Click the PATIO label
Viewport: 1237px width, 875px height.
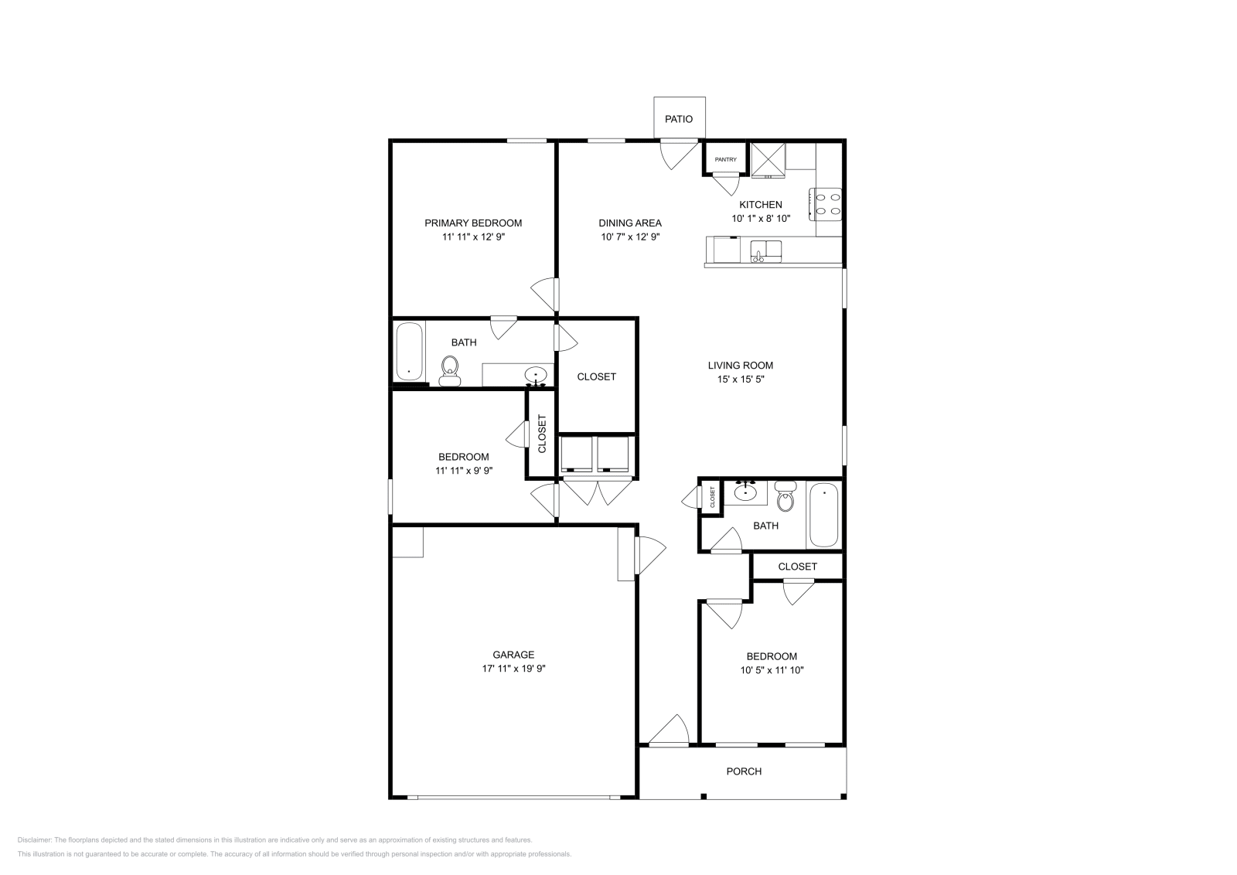679,119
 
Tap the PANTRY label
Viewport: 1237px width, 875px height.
725,160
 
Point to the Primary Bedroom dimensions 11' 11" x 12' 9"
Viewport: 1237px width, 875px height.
473,237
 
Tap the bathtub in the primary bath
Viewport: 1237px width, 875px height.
409,352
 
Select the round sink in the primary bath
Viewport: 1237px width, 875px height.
536,376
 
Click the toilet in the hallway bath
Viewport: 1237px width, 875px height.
785,496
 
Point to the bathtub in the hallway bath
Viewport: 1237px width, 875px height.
823,515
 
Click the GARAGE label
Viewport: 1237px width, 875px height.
513,655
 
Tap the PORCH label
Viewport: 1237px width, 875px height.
744,771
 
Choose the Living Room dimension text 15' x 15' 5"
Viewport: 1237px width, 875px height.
740,380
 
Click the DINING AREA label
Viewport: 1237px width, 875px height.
630,223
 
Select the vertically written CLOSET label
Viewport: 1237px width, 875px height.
542,434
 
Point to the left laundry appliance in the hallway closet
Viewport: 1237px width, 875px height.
577,455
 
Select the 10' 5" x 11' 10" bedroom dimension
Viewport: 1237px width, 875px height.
772,670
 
